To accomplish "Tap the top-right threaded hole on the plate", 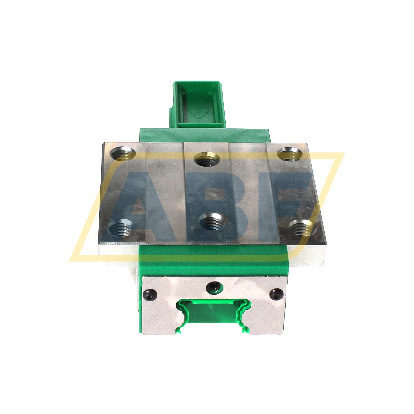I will pos(290,154).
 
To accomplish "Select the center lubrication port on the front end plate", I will pos(214,288).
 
